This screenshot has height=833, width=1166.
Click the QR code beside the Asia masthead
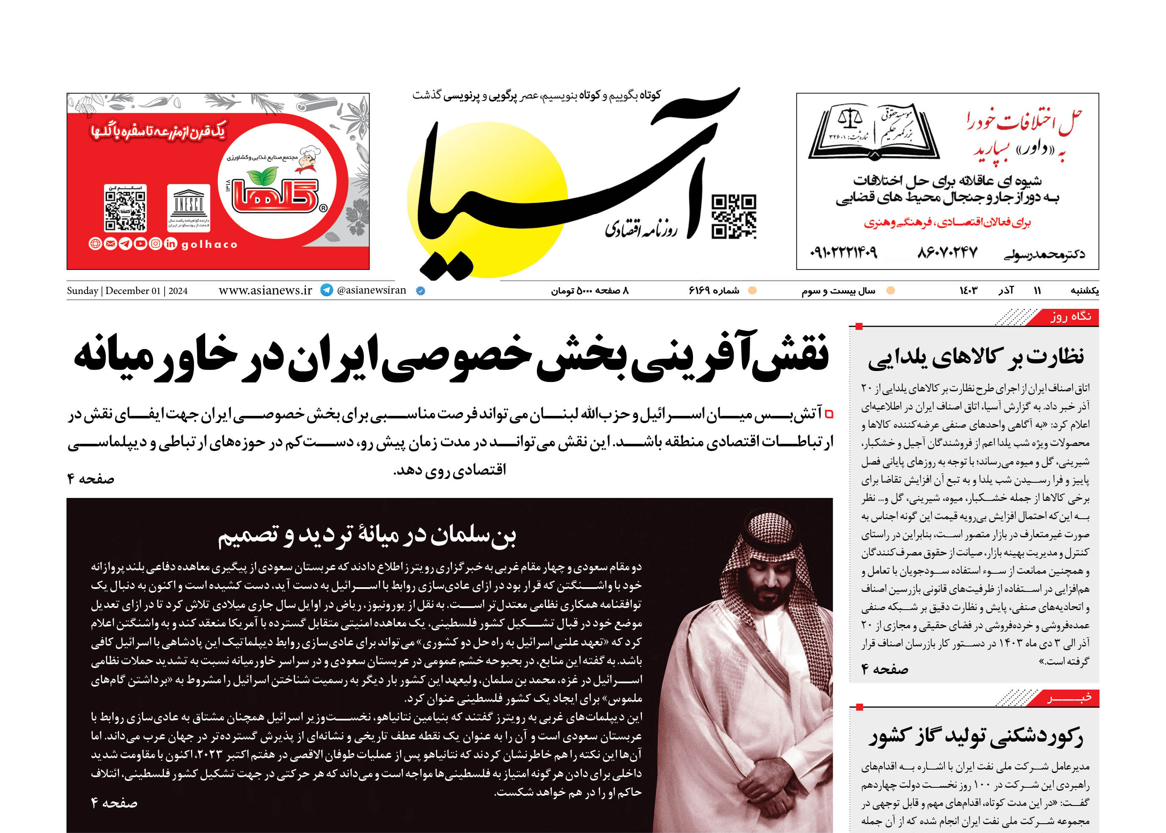[734, 217]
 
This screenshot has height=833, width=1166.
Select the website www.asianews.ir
[265, 290]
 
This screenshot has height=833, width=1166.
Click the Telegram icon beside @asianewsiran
[327, 290]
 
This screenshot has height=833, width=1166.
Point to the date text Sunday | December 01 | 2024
[127, 291]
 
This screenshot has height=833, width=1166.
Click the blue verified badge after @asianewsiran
[420, 291]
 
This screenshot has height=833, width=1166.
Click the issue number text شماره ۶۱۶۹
[714, 291]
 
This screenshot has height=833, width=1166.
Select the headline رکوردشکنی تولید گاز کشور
[975, 737]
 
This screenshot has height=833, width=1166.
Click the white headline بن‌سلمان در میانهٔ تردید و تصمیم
[367, 535]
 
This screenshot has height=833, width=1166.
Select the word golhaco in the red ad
[209, 245]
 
